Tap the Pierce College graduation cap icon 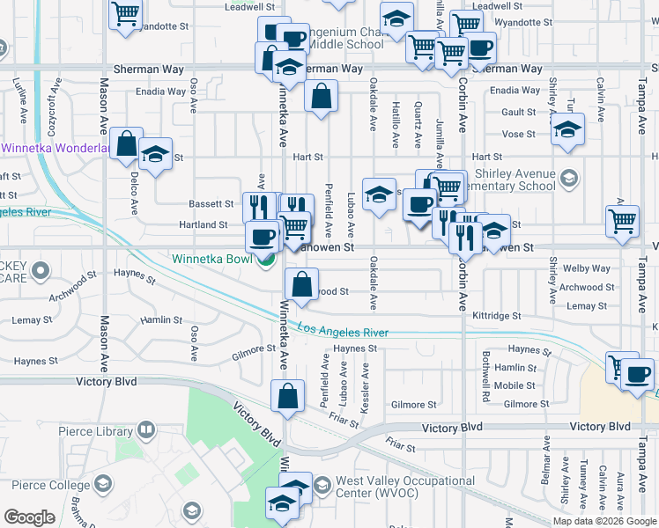point(102,485)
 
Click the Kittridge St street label point(497,315)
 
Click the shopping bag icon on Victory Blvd point(287,397)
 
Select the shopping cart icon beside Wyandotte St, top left point(126,13)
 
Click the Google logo point(30,517)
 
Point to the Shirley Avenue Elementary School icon point(568,180)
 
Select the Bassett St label point(210,203)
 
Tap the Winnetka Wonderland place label point(55,149)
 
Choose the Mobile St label point(515,385)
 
